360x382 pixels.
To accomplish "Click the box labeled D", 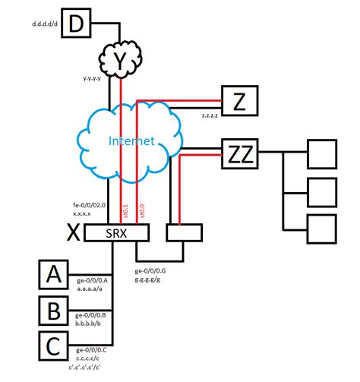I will pos(75,24).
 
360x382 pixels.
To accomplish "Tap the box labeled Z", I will pos(239,99).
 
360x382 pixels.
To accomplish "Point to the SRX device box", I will pos(115,233).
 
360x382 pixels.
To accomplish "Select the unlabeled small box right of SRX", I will pos(182,233).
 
